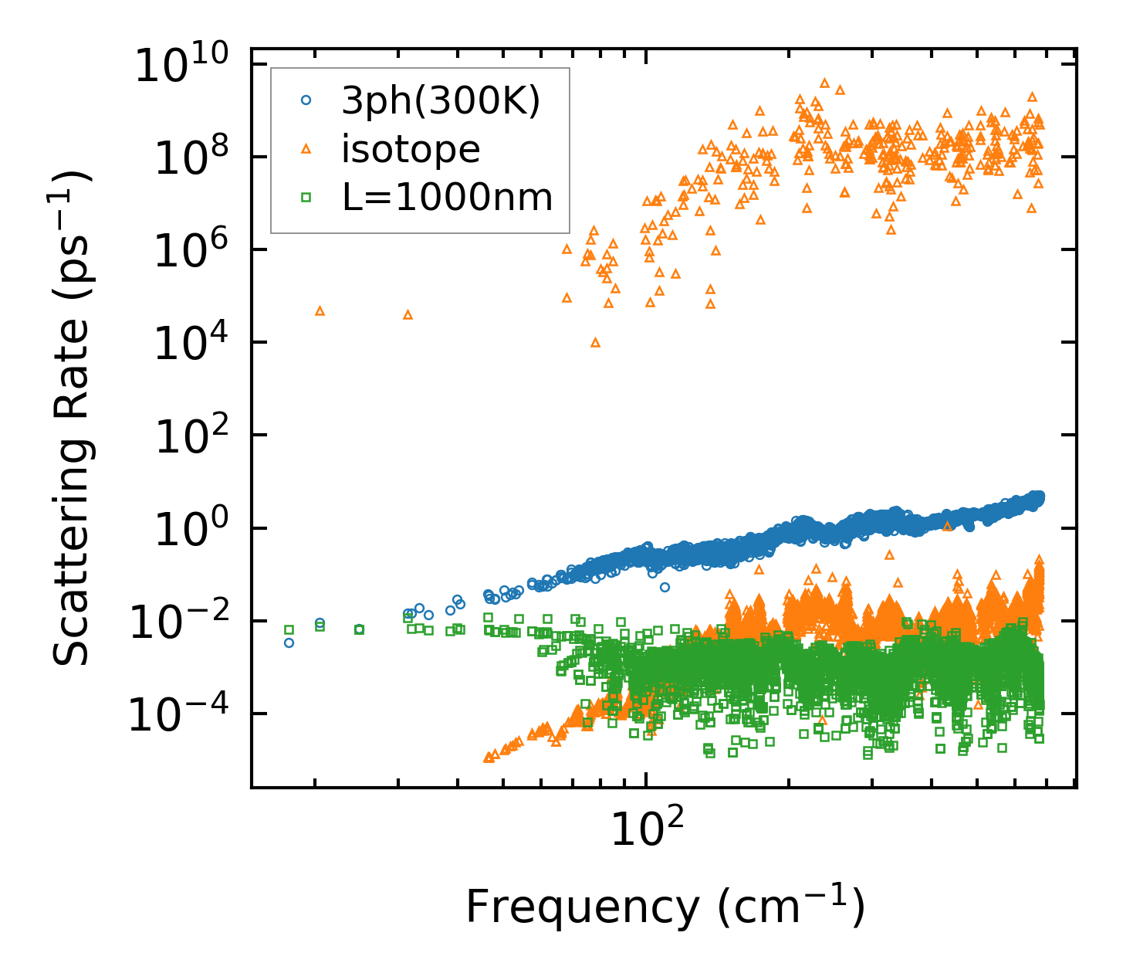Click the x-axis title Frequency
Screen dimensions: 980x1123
click(665, 907)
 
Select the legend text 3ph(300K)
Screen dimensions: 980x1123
click(441, 100)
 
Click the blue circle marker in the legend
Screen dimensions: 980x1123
click(306, 100)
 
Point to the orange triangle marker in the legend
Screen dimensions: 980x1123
click(306, 148)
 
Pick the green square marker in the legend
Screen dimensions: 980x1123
click(306, 197)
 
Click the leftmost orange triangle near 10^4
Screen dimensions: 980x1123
click(320, 310)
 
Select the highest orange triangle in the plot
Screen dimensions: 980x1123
click(824, 82)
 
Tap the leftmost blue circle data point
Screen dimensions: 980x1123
click(289, 643)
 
